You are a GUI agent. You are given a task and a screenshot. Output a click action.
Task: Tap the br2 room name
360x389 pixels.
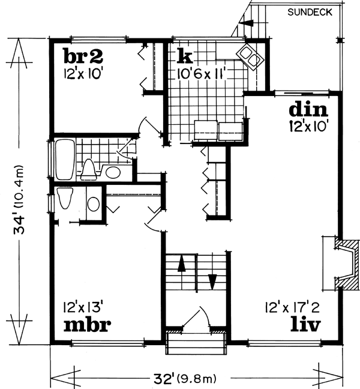pyautogui.click(x=84, y=57)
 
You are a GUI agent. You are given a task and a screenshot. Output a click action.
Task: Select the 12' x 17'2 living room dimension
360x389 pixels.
pyautogui.click(x=293, y=308)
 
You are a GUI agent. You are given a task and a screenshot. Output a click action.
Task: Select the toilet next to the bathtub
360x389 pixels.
pyautogui.click(x=89, y=169)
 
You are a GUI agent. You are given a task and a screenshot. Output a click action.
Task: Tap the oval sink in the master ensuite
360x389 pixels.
pyautogui.click(x=94, y=204)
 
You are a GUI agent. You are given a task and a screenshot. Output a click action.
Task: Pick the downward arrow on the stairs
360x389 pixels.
pyautogui.click(x=212, y=281)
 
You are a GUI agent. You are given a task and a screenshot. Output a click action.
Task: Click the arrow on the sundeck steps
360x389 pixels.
pyautogui.click(x=243, y=24)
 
